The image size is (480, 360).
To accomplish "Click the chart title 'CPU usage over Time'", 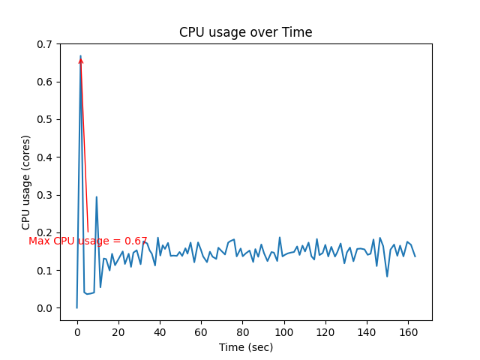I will click(245, 32).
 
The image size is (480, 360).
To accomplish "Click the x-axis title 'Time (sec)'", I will click(246, 347).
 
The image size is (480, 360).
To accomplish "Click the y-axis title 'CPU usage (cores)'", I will click(26, 182).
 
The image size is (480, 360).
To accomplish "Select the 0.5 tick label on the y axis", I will click(45, 119).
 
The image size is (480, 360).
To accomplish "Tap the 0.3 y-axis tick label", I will click(45, 195).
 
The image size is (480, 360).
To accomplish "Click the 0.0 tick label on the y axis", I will click(45, 308).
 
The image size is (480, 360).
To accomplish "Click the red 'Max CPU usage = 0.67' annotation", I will click(88, 241).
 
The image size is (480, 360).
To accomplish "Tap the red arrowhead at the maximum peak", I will click(81, 60).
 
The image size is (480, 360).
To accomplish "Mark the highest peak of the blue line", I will click(80, 55).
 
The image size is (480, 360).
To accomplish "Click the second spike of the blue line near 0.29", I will click(96, 197).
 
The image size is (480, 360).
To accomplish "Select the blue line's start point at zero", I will click(77, 307).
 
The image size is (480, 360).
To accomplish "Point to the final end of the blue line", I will click(415, 256).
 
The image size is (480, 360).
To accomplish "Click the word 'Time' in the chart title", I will click(298, 32).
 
